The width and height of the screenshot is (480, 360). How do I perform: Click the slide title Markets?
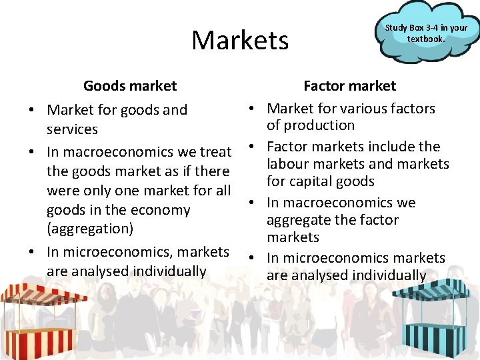(x=240, y=41)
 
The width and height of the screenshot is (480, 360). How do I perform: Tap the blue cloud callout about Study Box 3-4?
(x=426, y=33)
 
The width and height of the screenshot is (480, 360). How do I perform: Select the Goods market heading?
(x=130, y=86)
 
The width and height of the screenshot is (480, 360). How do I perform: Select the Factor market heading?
(x=349, y=86)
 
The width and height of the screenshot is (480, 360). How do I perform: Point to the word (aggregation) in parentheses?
(x=90, y=228)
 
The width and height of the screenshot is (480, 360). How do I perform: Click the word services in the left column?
(x=72, y=129)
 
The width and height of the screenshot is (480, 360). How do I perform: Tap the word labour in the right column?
(x=288, y=164)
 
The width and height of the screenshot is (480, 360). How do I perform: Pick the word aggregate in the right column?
(x=297, y=220)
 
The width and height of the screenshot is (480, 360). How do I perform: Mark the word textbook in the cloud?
(x=426, y=38)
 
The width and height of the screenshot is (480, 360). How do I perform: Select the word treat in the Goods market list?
(x=216, y=152)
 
